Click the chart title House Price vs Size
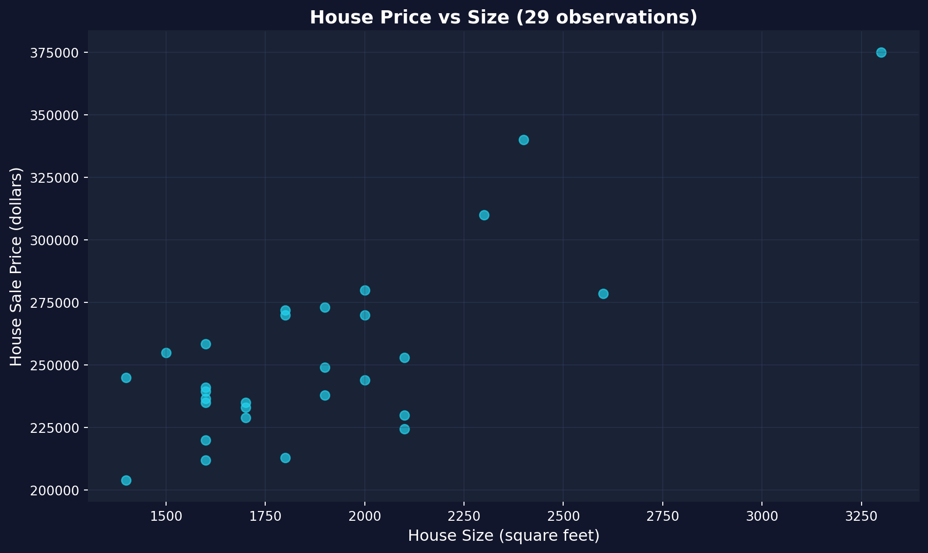504,18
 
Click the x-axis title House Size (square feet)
504,536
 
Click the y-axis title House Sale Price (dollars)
17,266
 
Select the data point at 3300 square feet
881,53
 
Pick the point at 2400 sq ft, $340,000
524,140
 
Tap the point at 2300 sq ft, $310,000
484,215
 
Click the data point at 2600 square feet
603,294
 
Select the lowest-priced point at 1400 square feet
126,481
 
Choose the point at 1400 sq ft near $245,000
126,378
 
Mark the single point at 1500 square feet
166,353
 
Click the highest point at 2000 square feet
365,291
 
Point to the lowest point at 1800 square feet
285,458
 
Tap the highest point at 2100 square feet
404,358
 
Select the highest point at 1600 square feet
206,344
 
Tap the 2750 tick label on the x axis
663,517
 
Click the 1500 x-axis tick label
166,517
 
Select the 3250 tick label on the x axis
861,517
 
